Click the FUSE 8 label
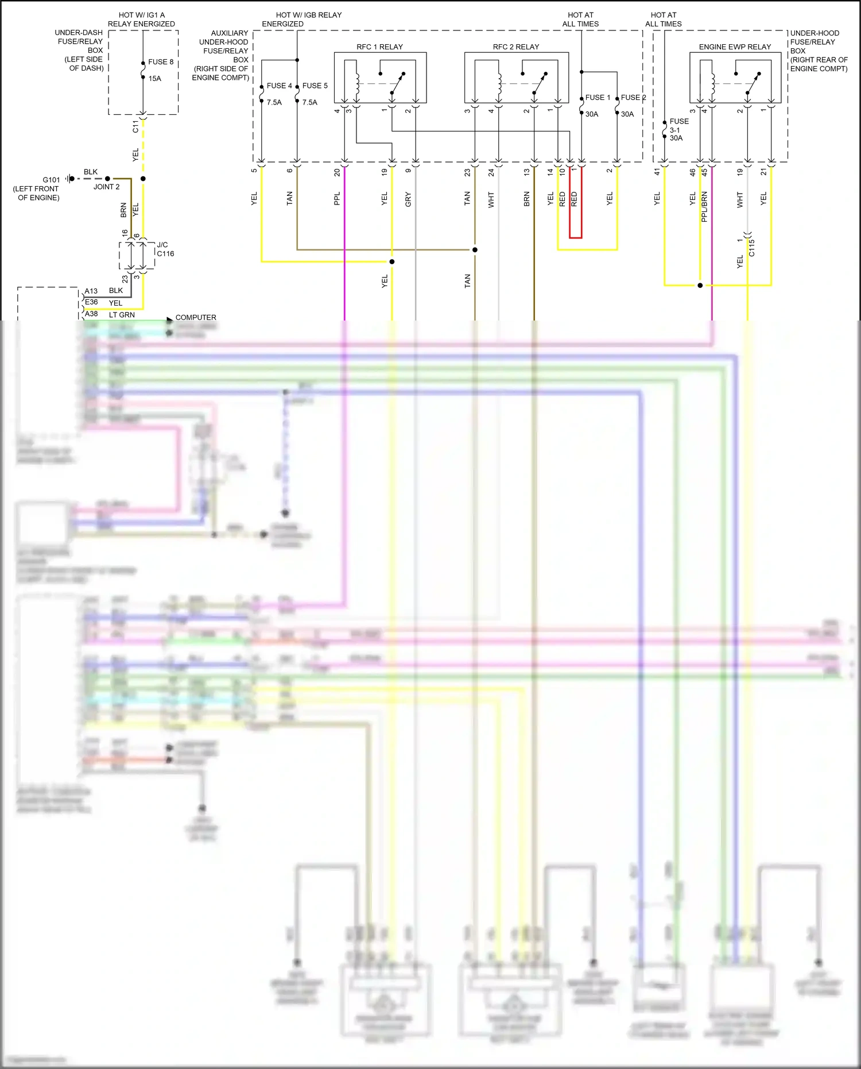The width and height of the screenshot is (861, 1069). click(160, 62)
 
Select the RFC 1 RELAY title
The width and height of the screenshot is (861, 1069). click(379, 47)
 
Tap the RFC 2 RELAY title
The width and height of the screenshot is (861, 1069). click(515, 47)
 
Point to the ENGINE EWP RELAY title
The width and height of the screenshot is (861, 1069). click(734, 47)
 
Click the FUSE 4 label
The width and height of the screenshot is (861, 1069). click(279, 86)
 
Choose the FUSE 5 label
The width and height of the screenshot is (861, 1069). click(315, 86)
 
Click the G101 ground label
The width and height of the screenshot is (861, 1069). click(51, 180)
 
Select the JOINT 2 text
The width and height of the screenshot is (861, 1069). click(107, 187)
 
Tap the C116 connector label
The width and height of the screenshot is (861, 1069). click(165, 253)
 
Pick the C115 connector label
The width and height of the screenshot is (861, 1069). click(752, 248)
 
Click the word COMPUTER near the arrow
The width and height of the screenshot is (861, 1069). click(196, 317)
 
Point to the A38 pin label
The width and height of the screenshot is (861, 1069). click(91, 314)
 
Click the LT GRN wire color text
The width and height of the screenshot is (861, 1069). click(122, 315)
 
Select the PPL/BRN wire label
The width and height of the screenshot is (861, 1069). click(704, 207)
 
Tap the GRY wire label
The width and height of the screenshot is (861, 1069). click(408, 199)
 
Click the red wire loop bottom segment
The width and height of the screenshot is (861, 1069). click(575, 237)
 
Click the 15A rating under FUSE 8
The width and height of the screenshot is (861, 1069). click(154, 79)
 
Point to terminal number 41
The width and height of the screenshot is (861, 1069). click(657, 171)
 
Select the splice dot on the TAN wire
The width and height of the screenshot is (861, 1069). click(475, 250)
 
